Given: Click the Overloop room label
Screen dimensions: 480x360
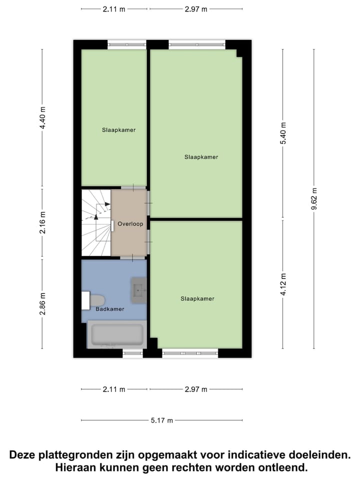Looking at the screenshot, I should (130, 224).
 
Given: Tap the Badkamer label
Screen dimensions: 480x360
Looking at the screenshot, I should (110, 309).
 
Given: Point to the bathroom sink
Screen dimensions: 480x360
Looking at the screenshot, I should (138, 289).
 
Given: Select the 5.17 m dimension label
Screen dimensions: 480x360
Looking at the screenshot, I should (162, 421).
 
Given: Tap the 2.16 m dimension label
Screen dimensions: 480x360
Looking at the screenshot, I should (42, 223).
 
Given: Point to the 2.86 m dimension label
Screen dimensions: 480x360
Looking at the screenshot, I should (42, 304).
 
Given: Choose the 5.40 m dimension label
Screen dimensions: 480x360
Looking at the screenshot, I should (283, 133).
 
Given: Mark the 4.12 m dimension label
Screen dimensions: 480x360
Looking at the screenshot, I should (283, 284).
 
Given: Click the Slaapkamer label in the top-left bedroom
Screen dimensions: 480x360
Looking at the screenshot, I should (118, 130).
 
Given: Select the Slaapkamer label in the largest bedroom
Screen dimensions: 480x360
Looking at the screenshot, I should (201, 157).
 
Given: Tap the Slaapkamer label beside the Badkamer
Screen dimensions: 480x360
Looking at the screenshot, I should (197, 298).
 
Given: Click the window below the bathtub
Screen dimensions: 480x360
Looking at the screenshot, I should (132, 353).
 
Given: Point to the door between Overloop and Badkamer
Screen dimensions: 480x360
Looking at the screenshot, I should (132, 257).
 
